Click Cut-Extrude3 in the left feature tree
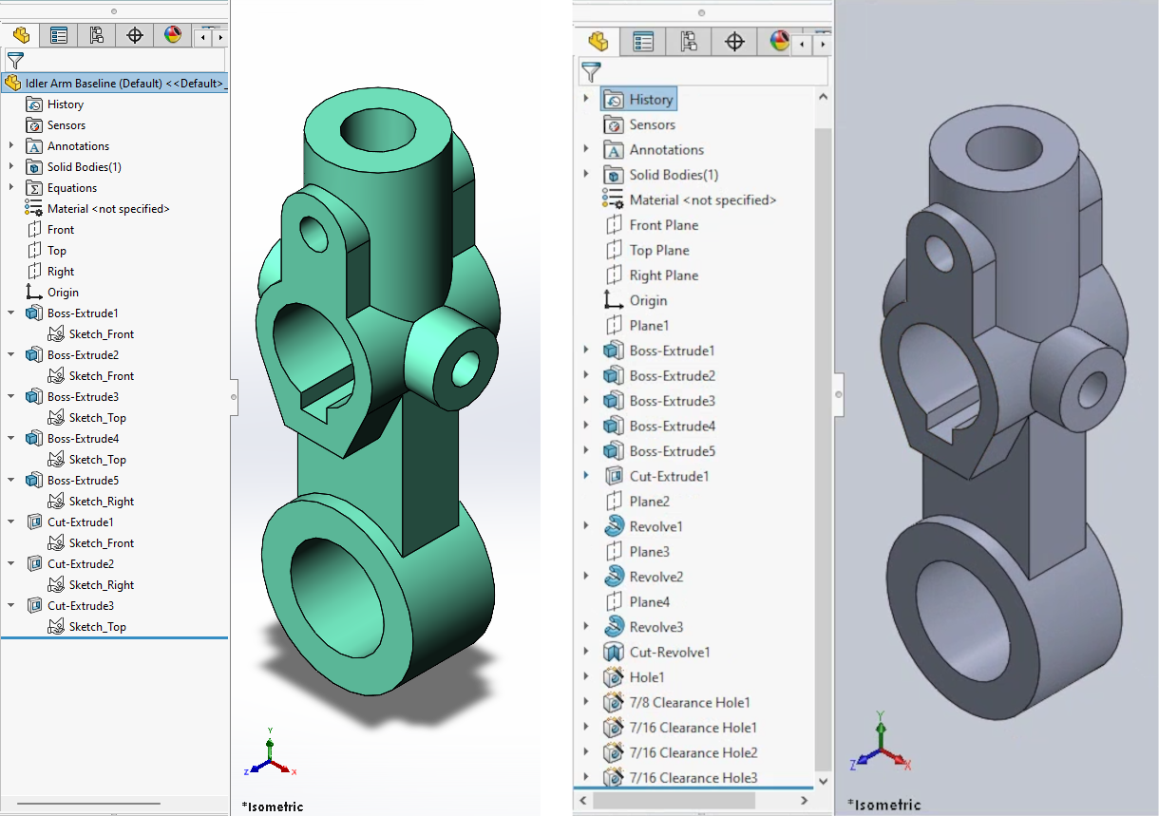click(x=81, y=605)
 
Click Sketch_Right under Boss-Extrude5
click(x=101, y=501)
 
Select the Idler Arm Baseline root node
click(x=123, y=83)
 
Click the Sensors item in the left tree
click(x=66, y=124)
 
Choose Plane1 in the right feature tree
click(x=649, y=325)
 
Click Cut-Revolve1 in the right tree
click(x=669, y=652)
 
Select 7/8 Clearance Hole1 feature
click(x=689, y=702)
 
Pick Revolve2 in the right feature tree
click(x=655, y=577)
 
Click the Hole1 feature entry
click(x=646, y=677)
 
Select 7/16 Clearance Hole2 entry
click(x=693, y=752)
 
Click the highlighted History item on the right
click(x=651, y=99)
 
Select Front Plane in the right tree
click(x=663, y=225)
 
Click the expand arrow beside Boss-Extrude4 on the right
click(x=586, y=426)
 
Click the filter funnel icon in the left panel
click(x=15, y=61)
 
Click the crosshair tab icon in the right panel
click(x=734, y=41)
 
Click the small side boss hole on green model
click(x=467, y=366)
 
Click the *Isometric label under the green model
click(x=273, y=807)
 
